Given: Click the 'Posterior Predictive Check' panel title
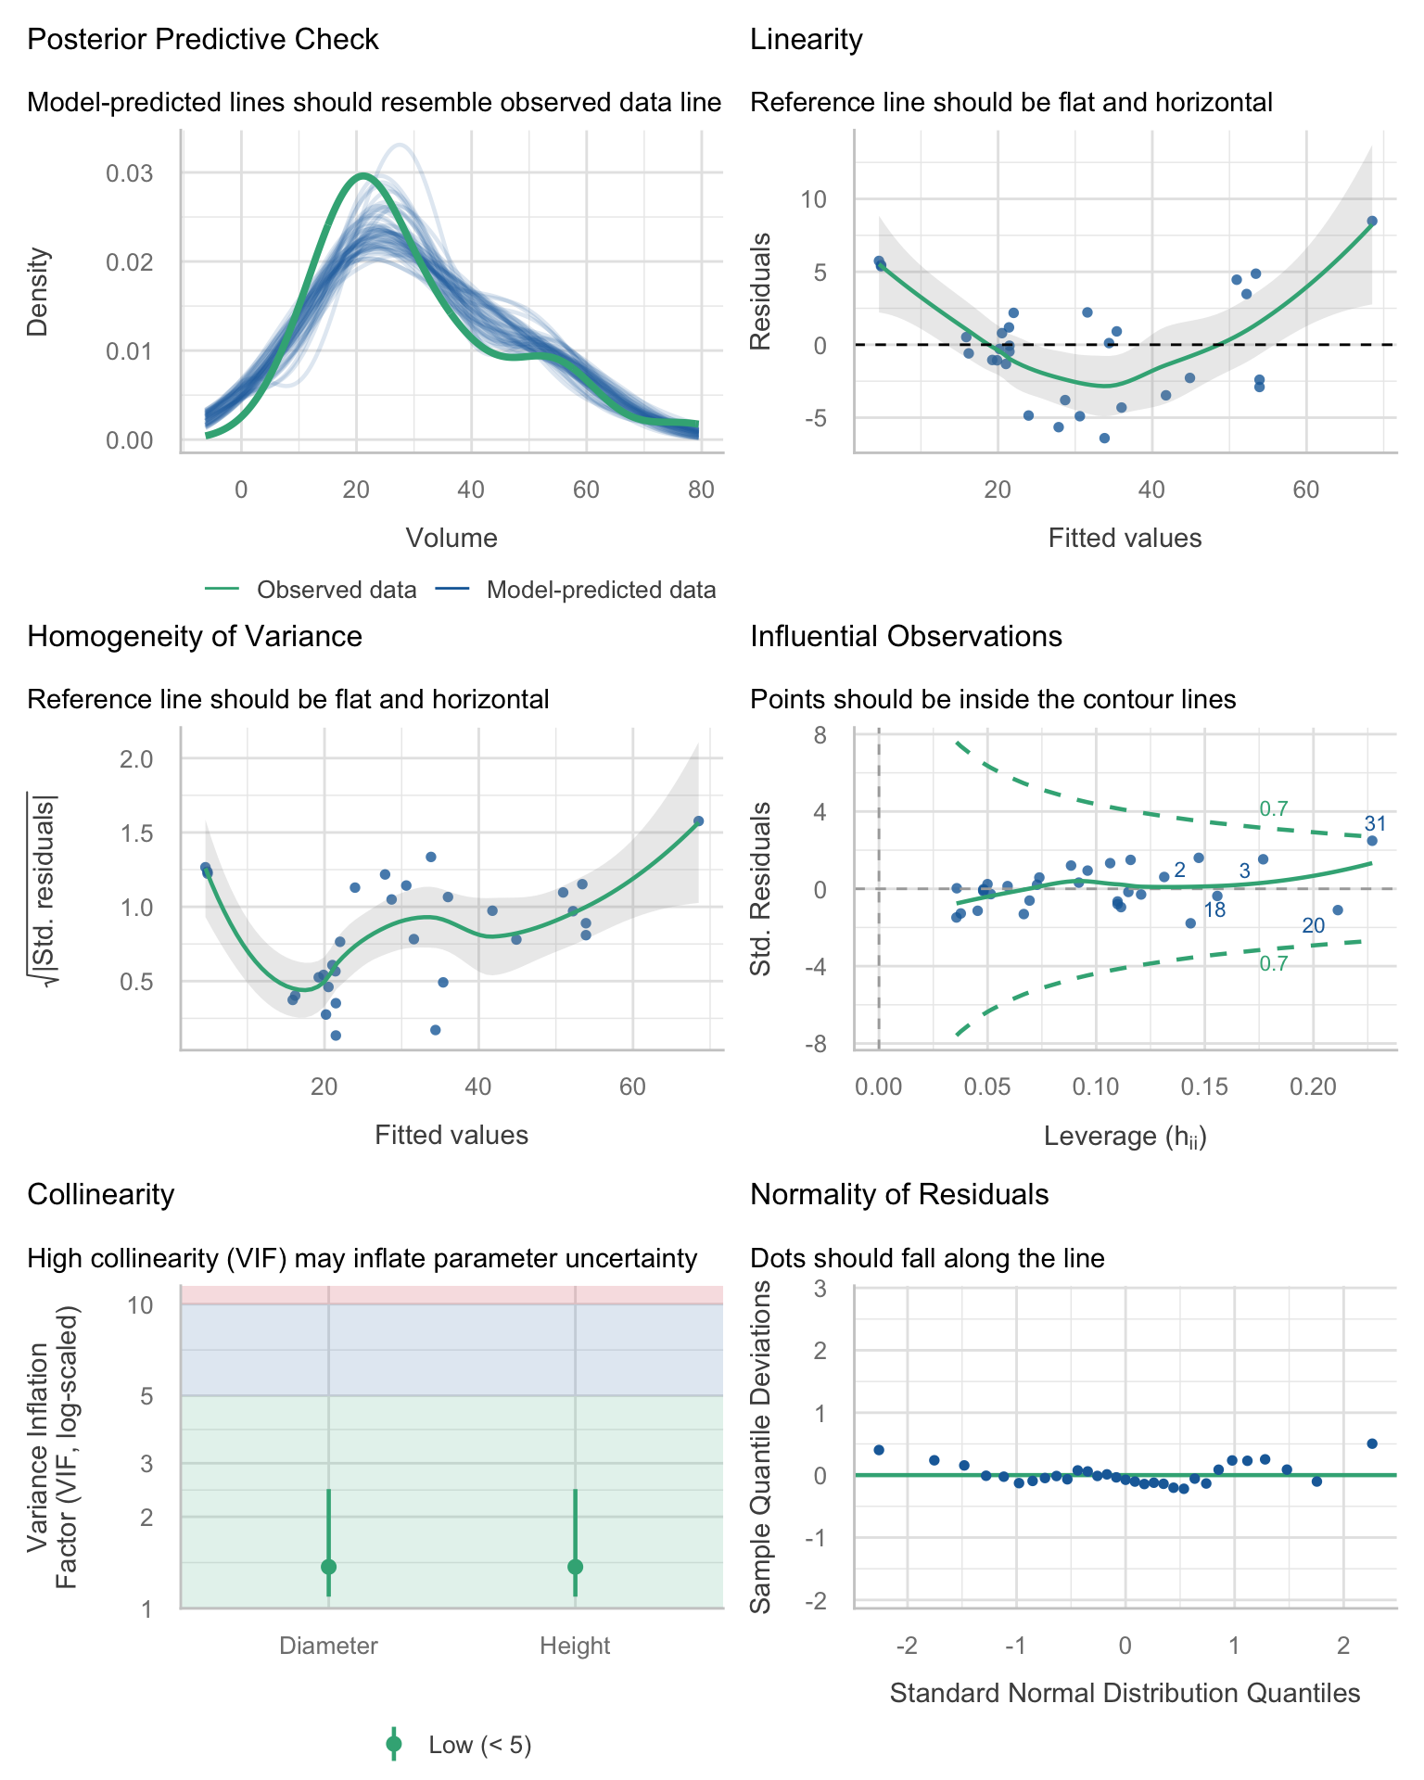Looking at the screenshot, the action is coord(203,40).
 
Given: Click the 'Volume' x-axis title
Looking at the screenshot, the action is coord(451,538).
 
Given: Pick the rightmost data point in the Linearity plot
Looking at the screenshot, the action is coord(1372,221).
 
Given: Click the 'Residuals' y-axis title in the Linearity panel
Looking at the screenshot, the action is coord(760,292).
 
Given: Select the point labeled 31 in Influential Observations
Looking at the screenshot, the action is coord(1372,841).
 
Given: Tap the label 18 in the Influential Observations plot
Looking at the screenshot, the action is coord(1214,910).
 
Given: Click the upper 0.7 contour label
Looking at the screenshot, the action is coord(1274,808).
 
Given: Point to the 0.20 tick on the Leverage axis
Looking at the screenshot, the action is coord(1313,1086).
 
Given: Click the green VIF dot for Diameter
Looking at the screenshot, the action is coord(328,1567).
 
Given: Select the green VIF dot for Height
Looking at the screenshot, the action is coord(575,1567).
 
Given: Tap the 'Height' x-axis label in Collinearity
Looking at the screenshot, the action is coord(575,1646).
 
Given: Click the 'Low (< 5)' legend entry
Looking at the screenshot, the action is coord(480,1745).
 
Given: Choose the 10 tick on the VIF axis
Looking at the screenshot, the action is coord(140,1304).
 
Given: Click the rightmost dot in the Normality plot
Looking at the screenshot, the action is coord(1372,1443).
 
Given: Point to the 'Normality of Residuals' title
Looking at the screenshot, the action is coord(899,1194).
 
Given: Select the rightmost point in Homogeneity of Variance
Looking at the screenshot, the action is coord(698,820).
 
